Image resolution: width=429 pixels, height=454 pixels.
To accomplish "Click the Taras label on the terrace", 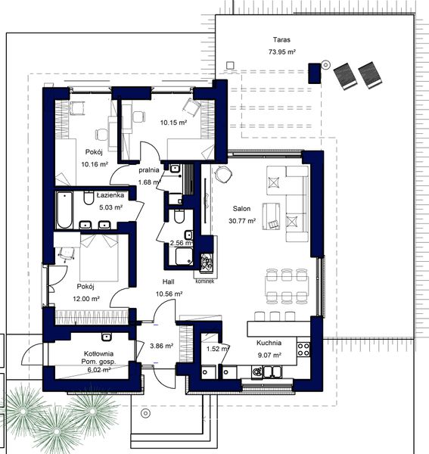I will [x=282, y=39].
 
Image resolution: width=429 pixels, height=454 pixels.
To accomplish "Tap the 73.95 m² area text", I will [x=281, y=52].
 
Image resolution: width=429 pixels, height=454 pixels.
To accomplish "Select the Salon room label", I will [x=241, y=209].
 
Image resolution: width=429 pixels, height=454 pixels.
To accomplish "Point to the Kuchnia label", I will [x=269, y=341].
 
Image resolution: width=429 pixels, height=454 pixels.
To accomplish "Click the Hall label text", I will [x=169, y=281].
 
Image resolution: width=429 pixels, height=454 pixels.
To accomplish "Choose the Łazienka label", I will [x=110, y=194].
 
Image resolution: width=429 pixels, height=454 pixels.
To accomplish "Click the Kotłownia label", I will [x=98, y=354].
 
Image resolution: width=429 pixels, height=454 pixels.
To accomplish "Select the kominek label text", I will [x=205, y=281].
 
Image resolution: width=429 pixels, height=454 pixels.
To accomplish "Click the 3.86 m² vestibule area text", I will [x=162, y=346].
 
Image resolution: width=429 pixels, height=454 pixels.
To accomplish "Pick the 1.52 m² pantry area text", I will [x=218, y=349].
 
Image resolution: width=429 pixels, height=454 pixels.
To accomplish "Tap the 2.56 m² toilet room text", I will [x=182, y=243].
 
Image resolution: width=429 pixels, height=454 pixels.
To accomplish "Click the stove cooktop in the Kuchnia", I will [x=304, y=350].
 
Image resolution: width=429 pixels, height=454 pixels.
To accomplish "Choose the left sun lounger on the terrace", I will [x=346, y=75].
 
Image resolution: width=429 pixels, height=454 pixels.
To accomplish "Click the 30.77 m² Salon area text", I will [x=241, y=221].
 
